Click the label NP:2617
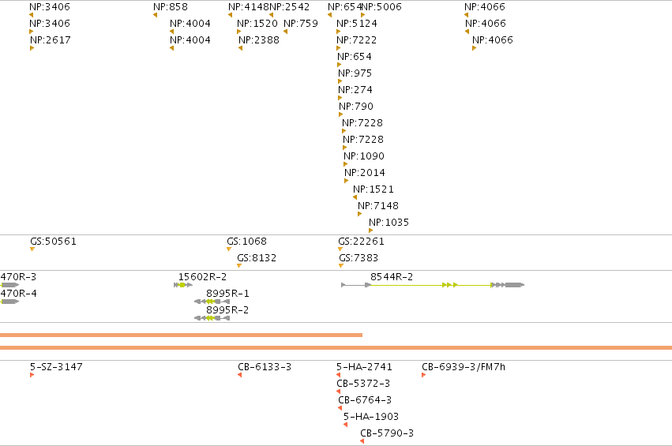point(50,39)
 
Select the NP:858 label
point(170,7)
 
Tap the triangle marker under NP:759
point(285,32)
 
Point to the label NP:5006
point(382,7)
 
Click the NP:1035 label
point(389,223)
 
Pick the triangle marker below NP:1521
point(355,197)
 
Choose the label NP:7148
point(378,206)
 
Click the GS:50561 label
point(53,242)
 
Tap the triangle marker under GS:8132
point(239,266)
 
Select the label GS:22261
point(361,242)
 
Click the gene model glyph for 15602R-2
point(183,285)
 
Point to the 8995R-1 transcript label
point(227,294)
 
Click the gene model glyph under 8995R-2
point(212,318)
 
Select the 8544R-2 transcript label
point(392,277)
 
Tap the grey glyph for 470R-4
point(9,302)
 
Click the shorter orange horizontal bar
point(182,335)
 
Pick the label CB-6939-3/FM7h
point(464,367)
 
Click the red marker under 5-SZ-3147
point(32,375)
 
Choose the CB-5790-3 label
point(387,433)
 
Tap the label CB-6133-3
point(265,367)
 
